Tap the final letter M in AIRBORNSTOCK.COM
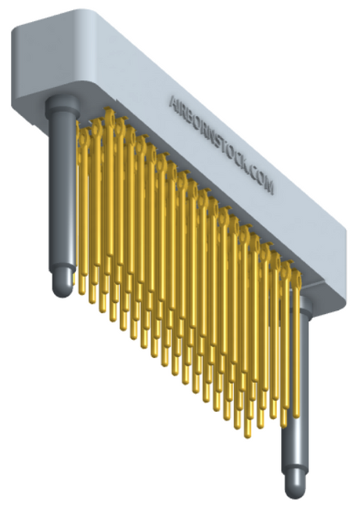[269, 186]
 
